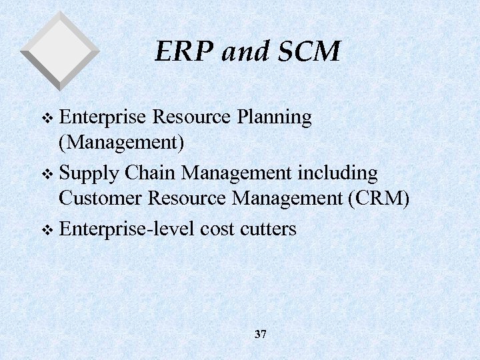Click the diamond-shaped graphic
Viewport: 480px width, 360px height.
pos(60,51)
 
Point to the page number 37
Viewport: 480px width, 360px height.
pos(260,334)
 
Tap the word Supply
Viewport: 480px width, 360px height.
pos(89,174)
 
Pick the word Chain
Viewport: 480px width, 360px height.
pos(151,173)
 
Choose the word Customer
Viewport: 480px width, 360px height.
pos(101,198)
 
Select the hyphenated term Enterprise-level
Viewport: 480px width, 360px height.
pos(125,229)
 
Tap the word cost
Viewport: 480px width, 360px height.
pos(215,229)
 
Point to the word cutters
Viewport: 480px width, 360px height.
pos(267,229)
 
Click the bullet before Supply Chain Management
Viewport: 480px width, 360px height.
pos(46,175)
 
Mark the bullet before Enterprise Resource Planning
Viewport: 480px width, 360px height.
pos(46,119)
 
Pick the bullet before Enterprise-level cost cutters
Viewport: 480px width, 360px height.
pos(46,230)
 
